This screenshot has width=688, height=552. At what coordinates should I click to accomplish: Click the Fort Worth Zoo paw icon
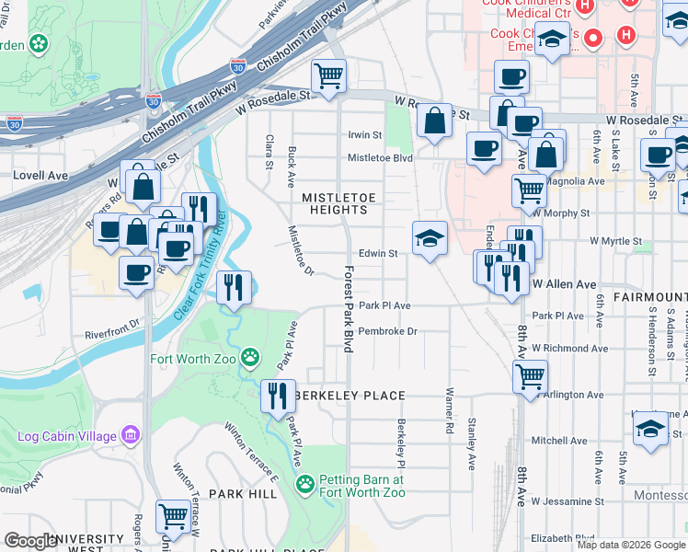pyautogui.click(x=249, y=356)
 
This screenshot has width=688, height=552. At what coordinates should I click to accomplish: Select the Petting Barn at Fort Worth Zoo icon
pyautogui.click(x=304, y=483)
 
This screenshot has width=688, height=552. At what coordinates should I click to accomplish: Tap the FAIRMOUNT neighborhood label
pyautogui.click(x=654, y=297)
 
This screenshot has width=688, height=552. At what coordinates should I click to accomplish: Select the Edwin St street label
pyautogui.click(x=378, y=253)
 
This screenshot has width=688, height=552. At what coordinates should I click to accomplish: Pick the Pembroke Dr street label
pyautogui.click(x=387, y=331)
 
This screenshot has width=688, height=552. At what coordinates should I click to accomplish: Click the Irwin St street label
pyautogui.click(x=364, y=135)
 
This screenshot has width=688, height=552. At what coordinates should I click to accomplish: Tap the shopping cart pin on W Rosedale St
pyautogui.click(x=328, y=76)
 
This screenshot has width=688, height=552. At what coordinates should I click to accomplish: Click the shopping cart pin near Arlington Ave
pyautogui.click(x=530, y=376)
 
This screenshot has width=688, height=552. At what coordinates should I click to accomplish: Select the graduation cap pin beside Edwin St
pyautogui.click(x=430, y=239)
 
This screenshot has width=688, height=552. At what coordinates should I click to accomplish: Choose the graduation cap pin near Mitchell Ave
pyautogui.click(x=650, y=429)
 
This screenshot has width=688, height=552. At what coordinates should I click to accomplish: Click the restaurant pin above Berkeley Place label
pyautogui.click(x=278, y=397)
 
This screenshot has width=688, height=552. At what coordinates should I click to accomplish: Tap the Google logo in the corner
pyautogui.click(x=30, y=541)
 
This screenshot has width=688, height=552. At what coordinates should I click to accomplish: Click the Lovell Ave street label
pyautogui.click(x=40, y=175)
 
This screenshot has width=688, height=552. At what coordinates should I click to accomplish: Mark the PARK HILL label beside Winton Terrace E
pyautogui.click(x=243, y=494)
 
